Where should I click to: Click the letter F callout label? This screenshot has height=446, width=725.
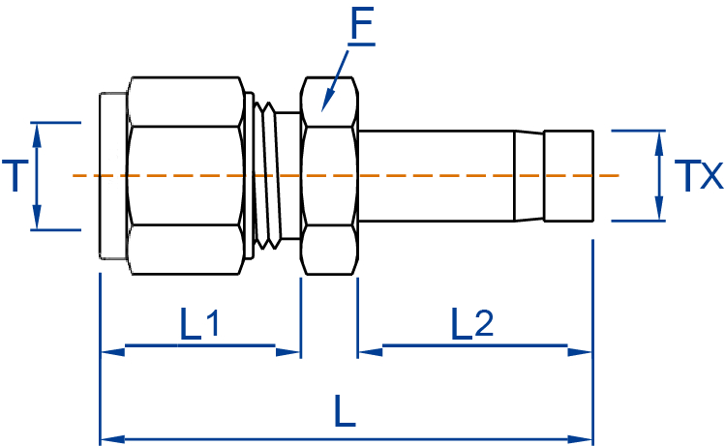363,26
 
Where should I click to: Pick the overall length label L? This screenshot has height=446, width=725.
345,412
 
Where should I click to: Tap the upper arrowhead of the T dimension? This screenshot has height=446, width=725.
39,133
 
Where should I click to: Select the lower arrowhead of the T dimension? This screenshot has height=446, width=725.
39,220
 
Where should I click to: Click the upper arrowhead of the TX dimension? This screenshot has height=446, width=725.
659,140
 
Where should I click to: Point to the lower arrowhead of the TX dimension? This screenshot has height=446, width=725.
659,211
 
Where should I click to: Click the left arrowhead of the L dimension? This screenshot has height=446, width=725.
112,439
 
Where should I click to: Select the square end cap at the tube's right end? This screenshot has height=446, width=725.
567,176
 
